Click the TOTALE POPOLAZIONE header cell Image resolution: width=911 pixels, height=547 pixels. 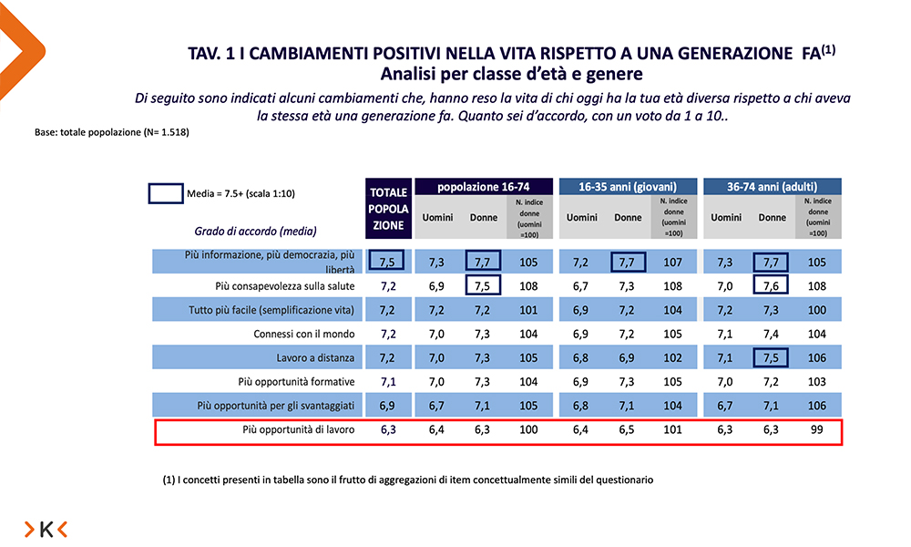388,211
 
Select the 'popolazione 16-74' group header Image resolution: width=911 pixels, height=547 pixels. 480,186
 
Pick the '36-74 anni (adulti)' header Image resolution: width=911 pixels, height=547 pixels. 773,186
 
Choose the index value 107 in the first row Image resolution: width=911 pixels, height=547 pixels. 672,263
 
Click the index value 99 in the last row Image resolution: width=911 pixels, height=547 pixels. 816,428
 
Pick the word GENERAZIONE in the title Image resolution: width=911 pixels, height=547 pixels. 702,54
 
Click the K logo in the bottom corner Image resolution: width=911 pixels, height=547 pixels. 46,529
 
